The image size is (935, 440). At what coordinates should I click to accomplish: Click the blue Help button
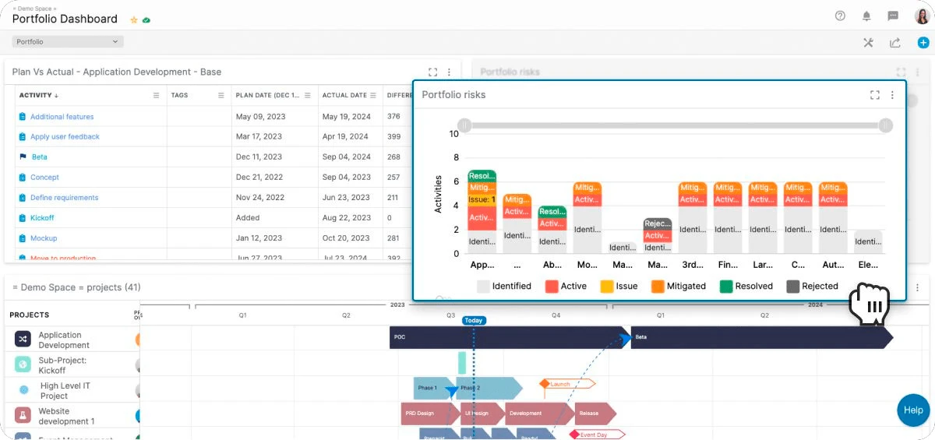tap(913, 410)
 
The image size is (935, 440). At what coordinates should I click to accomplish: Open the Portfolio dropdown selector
tap(68, 42)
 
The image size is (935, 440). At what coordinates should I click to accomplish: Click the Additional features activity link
tap(62, 117)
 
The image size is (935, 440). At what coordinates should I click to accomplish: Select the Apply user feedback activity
tap(65, 137)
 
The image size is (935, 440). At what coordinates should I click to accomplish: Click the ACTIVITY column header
tap(35, 96)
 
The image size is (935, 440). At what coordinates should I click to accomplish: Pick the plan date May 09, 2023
tap(260, 117)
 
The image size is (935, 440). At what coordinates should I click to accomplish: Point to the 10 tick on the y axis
tap(453, 134)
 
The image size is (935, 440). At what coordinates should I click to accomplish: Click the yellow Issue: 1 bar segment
tap(482, 200)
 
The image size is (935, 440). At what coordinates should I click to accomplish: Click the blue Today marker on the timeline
tap(473, 320)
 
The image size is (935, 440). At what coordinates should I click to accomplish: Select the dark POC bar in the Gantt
tap(506, 337)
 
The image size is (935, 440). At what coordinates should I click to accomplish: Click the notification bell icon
tap(866, 16)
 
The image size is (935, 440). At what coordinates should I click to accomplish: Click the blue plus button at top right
tap(923, 42)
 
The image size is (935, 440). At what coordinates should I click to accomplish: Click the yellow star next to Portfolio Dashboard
tap(133, 19)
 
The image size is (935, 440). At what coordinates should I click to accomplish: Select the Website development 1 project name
tap(66, 416)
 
